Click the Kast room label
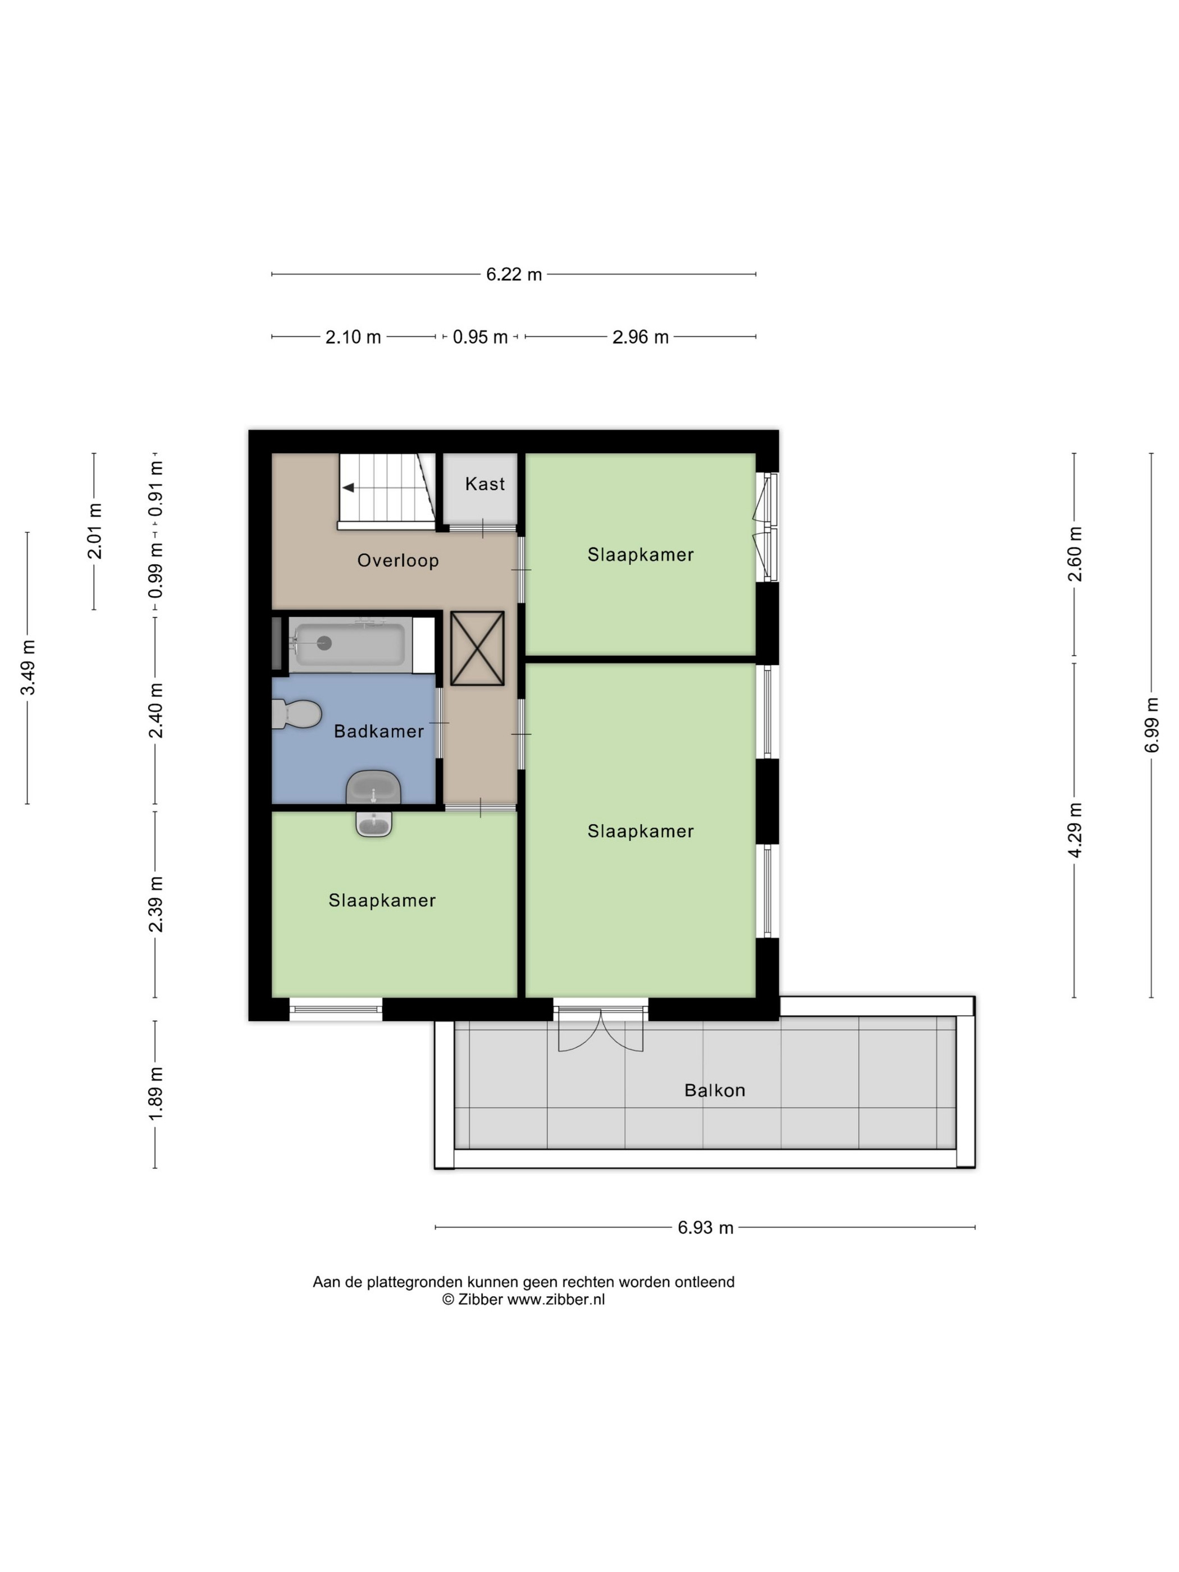485,484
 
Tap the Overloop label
398,561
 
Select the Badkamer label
379,732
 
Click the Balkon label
714,1090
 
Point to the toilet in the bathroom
297,714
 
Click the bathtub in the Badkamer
350,645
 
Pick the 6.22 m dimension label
514,275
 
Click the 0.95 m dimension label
481,337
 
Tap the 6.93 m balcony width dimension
705,1228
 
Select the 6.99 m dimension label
1152,725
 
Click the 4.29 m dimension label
1075,830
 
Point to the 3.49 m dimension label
28,668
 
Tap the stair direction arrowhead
348,487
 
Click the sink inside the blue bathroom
373,788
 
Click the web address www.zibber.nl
556,1300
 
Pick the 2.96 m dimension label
641,337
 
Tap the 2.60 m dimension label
1075,554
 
